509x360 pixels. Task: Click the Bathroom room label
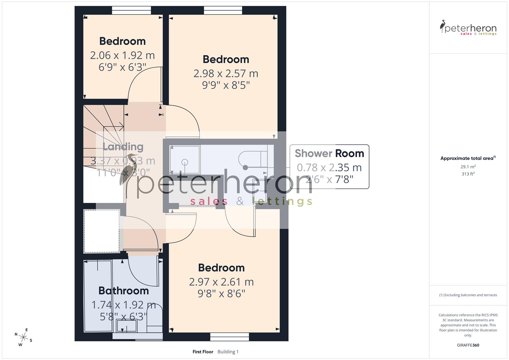tap(124, 291)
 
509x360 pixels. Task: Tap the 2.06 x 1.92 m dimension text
tap(122, 55)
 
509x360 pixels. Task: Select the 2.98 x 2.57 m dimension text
tap(226, 73)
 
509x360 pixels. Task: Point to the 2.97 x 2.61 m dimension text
tap(221, 282)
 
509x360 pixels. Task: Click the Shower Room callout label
tap(329, 153)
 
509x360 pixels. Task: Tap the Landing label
tap(123, 147)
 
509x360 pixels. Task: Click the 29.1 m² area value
tap(468, 167)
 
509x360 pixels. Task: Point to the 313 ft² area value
tap(468, 174)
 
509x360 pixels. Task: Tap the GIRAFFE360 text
tap(468, 345)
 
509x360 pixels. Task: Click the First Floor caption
tap(203, 352)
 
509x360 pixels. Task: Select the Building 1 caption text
tap(228, 352)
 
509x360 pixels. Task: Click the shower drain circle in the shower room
tap(185, 162)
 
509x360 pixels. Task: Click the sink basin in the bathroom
tap(126, 326)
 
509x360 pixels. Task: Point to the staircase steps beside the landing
tap(100, 133)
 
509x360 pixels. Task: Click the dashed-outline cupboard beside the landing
tap(102, 231)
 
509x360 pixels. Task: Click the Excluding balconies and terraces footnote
tap(468, 295)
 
